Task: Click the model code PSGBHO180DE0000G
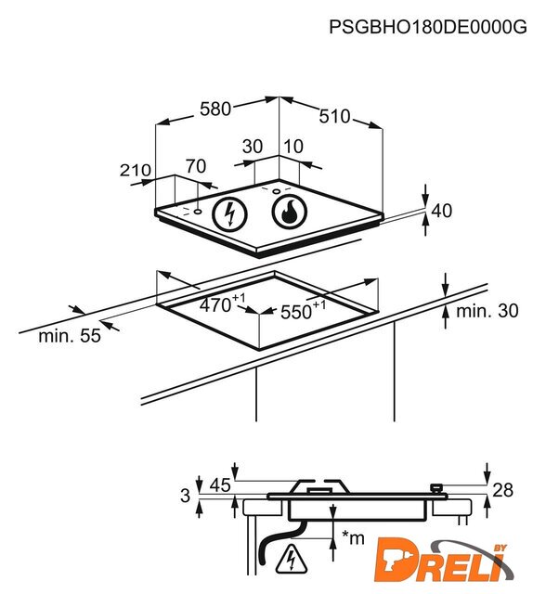tap(428, 27)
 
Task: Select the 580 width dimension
tap(215, 110)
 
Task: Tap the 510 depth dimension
tap(334, 116)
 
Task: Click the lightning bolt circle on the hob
tap(229, 214)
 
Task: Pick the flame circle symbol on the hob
tap(290, 213)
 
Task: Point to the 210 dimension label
tap(136, 171)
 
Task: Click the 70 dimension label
tap(196, 166)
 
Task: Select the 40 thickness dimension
tap(442, 211)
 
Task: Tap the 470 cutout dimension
tap(222, 303)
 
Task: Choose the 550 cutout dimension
tap(303, 311)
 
